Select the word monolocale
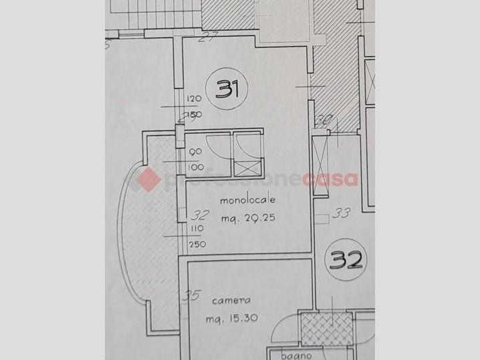pyautogui.click(x=249, y=200)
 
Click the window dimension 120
pyautogui.click(x=194, y=99)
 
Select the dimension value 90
pyautogui.click(x=196, y=153)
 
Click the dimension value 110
pyautogui.click(x=197, y=229)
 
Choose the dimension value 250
pyautogui.click(x=197, y=244)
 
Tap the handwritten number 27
pyautogui.click(x=211, y=35)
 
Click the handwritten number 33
pyautogui.click(x=341, y=214)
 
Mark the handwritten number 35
pyautogui.click(x=193, y=295)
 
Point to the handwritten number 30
pyautogui.click(x=324, y=121)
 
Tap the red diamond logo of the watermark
pyautogui.click(x=148, y=179)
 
